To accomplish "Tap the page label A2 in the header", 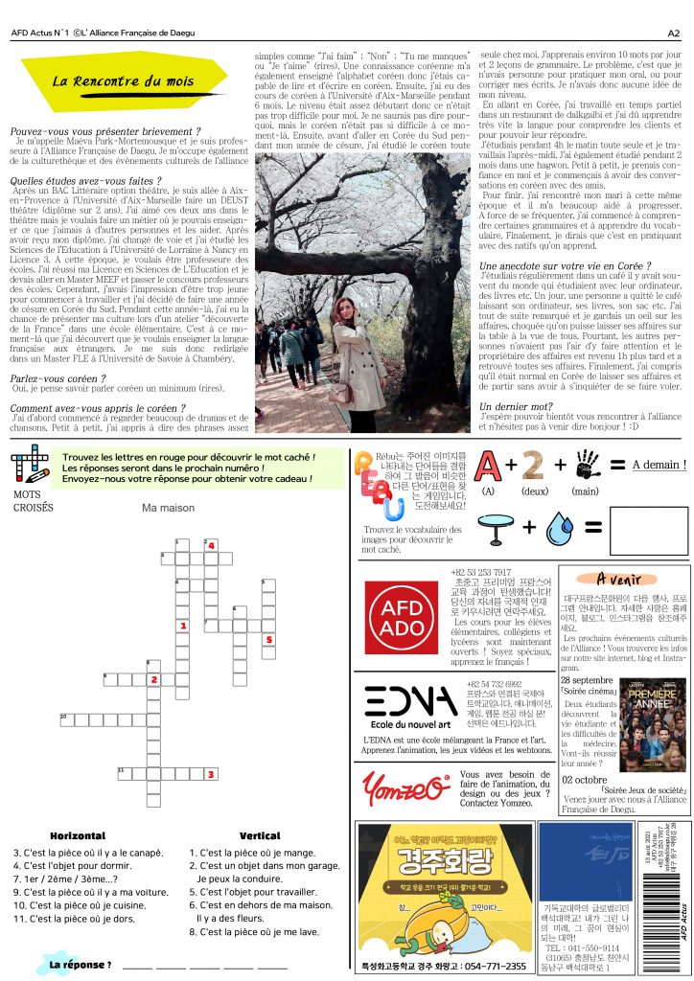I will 673,32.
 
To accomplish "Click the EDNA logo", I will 411,701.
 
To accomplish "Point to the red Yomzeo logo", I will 405,788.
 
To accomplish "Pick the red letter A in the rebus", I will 486,465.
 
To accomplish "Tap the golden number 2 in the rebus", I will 533,465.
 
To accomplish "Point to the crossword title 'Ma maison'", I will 168,509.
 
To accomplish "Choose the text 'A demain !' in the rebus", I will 659,465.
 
